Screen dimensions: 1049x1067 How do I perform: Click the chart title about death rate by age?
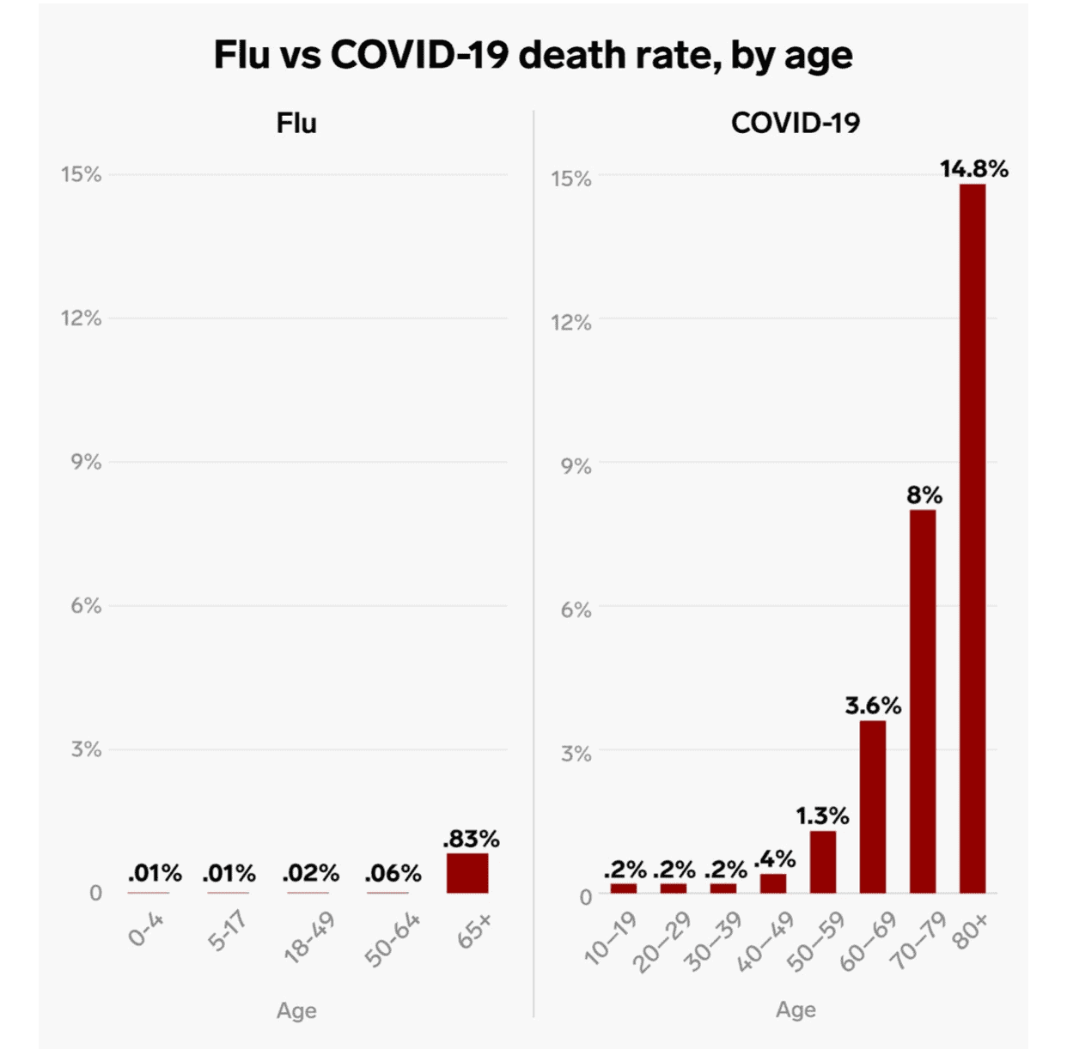(x=533, y=56)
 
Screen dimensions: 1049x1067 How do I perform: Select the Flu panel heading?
(x=296, y=124)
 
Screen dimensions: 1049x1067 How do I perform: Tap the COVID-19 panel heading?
(x=795, y=124)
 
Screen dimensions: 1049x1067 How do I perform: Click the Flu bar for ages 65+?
(x=467, y=873)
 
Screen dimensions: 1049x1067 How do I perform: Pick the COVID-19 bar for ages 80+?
(x=972, y=538)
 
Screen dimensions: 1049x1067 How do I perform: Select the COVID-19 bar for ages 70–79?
(x=923, y=701)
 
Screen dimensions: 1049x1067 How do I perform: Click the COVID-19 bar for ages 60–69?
(x=873, y=807)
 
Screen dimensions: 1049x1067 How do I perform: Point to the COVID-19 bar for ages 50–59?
(x=823, y=862)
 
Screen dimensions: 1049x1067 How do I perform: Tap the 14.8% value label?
(x=973, y=169)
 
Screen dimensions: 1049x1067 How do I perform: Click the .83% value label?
(x=471, y=839)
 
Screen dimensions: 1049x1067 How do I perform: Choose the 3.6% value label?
(x=873, y=706)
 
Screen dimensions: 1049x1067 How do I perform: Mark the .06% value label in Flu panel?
(x=393, y=874)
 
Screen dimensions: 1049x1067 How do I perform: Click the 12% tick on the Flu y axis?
(x=81, y=318)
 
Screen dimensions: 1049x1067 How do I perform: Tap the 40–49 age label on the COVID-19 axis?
(x=766, y=942)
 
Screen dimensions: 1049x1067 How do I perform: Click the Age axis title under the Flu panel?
(x=296, y=1010)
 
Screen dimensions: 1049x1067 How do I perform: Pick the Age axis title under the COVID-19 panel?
(x=796, y=1010)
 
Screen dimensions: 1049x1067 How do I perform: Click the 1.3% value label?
(x=822, y=816)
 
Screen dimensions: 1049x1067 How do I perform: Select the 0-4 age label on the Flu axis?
(x=146, y=930)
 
